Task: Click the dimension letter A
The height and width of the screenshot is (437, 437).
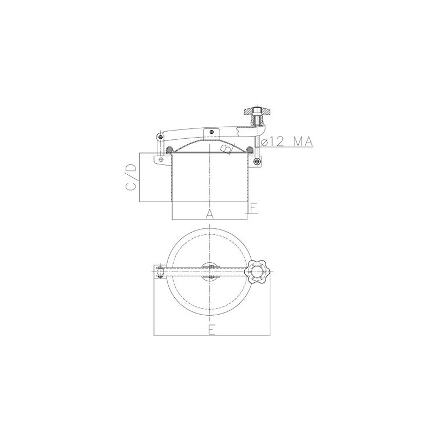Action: coord(210,214)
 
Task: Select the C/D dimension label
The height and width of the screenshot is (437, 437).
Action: coord(131,177)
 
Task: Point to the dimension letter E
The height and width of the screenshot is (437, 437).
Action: coord(212,330)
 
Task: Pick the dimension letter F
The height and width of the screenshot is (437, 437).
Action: coord(253,208)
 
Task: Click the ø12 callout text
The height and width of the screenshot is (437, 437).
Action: coord(273,142)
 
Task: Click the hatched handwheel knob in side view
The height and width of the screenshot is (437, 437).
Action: coord(257,112)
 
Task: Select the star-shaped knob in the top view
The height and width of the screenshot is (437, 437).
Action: coord(256,271)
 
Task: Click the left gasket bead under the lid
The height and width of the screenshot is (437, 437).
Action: coord(169,151)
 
